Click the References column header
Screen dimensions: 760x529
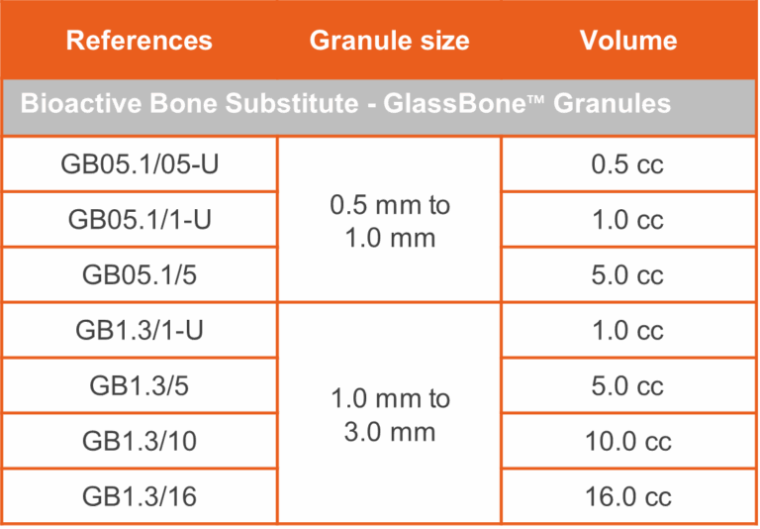coord(140,41)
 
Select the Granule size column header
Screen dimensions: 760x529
coord(389,41)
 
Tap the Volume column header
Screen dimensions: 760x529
coord(628,41)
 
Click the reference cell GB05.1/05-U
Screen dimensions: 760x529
coord(140,164)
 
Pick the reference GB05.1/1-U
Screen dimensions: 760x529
coord(140,220)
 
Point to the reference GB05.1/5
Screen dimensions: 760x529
coord(140,275)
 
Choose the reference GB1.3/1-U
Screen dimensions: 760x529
coord(140,331)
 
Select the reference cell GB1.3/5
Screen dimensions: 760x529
coord(140,385)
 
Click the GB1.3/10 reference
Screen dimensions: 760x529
coord(140,441)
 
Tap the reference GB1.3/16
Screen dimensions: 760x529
coord(140,496)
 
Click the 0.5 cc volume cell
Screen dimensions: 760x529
coord(627,164)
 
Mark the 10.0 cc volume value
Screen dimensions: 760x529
coord(627,441)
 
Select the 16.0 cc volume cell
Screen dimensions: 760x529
coord(627,496)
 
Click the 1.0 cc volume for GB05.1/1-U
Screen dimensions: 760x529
coord(627,220)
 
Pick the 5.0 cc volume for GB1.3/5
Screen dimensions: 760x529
coord(627,385)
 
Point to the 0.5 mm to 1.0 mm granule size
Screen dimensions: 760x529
coord(390,222)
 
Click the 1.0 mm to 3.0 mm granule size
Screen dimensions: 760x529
coord(390,415)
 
